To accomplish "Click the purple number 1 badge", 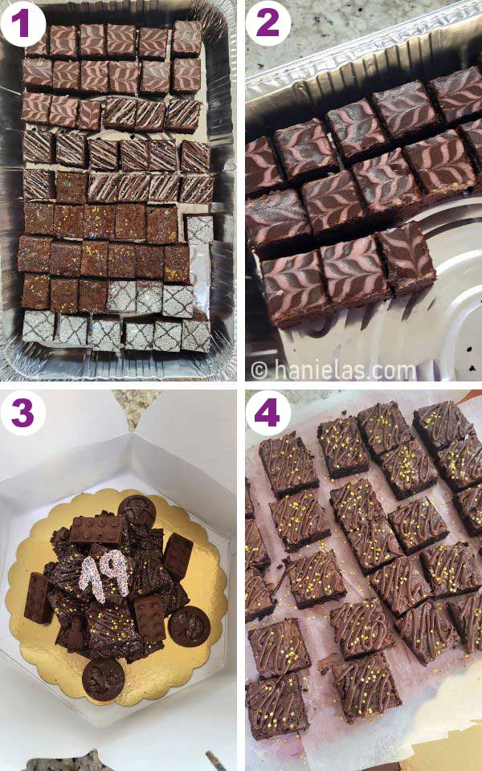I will point(22,22).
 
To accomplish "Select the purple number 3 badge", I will point(22,413).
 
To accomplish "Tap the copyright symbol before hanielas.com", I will point(259,371).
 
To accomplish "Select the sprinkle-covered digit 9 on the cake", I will point(111,577).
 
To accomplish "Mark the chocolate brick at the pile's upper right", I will point(178,556).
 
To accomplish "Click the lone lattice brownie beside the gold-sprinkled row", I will point(199,229).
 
